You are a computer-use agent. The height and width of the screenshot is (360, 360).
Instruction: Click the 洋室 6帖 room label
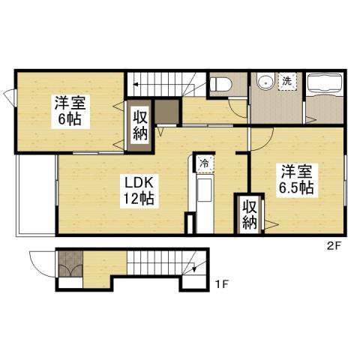[x=69, y=110]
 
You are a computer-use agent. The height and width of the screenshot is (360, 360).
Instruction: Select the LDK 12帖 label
[x=139, y=190]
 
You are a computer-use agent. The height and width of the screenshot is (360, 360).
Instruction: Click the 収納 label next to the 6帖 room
[x=140, y=124]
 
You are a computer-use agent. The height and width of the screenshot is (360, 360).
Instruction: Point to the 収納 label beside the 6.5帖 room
[x=250, y=213]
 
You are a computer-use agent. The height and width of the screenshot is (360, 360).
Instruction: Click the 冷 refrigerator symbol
[x=204, y=163]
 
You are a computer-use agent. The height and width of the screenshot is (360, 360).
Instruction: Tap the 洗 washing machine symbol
[x=286, y=81]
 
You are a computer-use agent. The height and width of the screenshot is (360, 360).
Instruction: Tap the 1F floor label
[x=221, y=283]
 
